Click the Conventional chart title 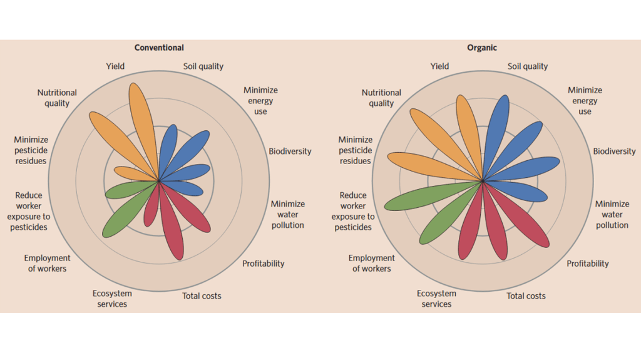(x=159, y=48)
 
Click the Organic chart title (x=482, y=48)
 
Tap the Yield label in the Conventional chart (x=115, y=66)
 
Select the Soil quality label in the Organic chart (x=528, y=66)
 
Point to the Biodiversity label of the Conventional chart (x=290, y=152)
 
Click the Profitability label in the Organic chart (x=588, y=264)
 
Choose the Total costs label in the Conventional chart (x=202, y=296)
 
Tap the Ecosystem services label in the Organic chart (x=436, y=299)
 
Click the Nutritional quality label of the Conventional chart (x=57, y=98)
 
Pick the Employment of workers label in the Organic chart (x=371, y=263)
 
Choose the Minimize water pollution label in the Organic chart (x=612, y=214)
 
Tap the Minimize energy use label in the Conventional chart (x=260, y=101)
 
